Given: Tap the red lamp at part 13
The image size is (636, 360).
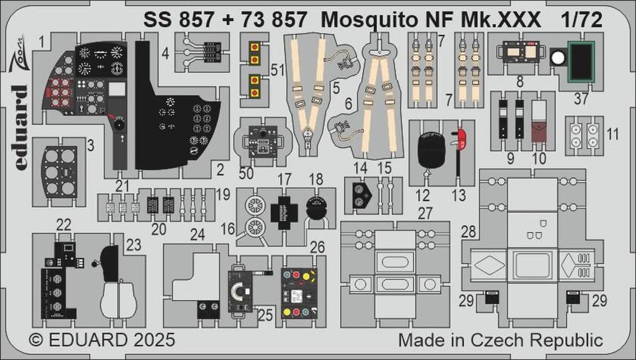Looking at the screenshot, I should pos(461,137).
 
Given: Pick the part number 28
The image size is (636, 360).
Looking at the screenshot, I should pos(468,231).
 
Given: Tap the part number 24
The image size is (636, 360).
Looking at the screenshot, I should pos(198,235).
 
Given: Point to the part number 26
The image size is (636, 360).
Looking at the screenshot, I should pos(317,248).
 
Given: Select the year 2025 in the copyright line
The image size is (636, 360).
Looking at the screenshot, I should pos(153,340).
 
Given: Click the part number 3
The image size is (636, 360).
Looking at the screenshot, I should pos(91,146).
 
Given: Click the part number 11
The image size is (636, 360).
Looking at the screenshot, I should pos(612,133).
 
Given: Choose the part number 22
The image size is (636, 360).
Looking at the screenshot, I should pos(63,225).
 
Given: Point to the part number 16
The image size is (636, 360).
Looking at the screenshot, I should pos(227,229).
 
